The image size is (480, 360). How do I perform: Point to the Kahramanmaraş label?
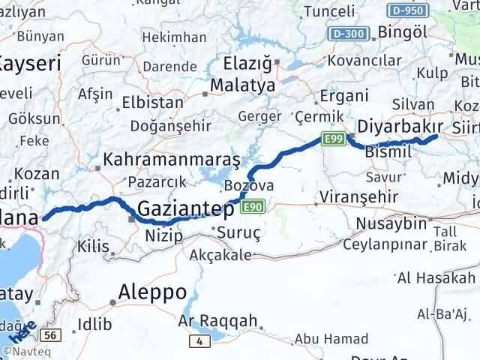point(172,160)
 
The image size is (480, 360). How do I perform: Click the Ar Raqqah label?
point(217,321)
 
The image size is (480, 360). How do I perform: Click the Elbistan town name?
point(157,103)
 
